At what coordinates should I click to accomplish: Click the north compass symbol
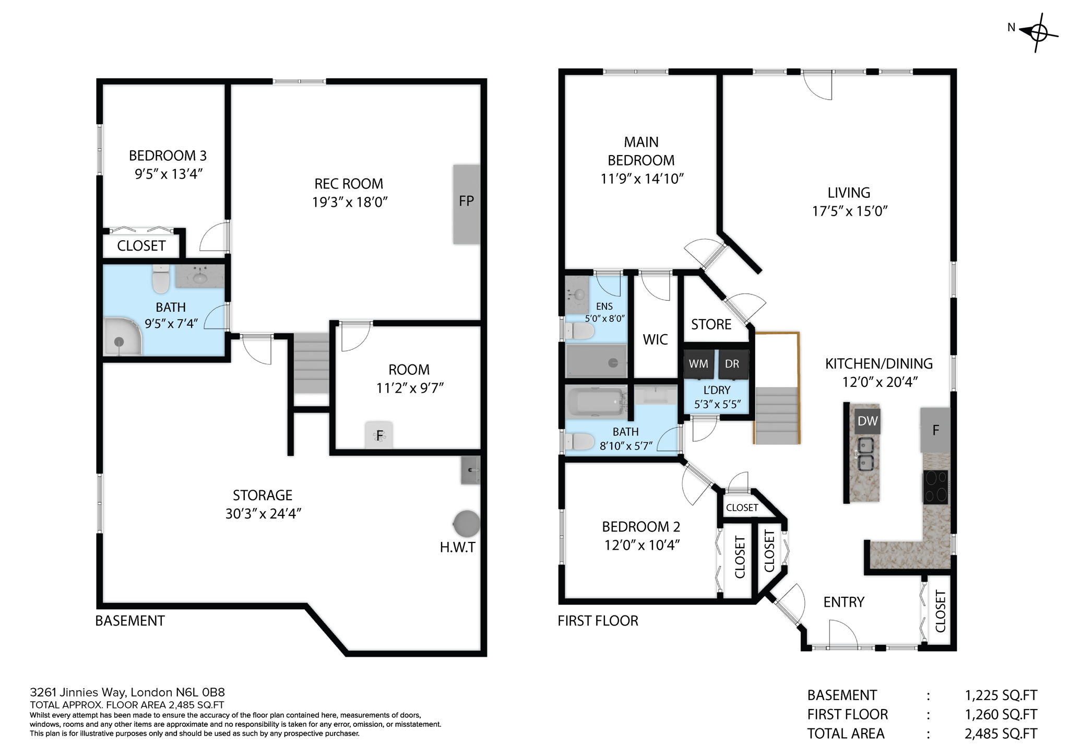pyautogui.click(x=1038, y=33)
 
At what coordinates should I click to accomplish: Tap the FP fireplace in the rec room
pyautogui.click(x=466, y=204)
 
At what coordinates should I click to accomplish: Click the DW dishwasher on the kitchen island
pyautogui.click(x=868, y=421)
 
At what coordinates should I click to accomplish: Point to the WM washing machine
pyautogui.click(x=698, y=364)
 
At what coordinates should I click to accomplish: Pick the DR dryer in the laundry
pyautogui.click(x=732, y=364)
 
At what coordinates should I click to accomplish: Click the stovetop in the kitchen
pyautogui.click(x=935, y=487)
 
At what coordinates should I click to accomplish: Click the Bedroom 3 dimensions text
pyautogui.click(x=168, y=174)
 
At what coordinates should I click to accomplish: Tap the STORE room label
pyautogui.click(x=711, y=325)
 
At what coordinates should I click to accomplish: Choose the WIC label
pyautogui.click(x=655, y=340)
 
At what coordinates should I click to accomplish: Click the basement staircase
pyautogui.click(x=311, y=365)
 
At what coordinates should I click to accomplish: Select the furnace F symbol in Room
pyautogui.click(x=379, y=435)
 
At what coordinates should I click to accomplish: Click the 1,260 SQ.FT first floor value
pyautogui.click(x=1000, y=714)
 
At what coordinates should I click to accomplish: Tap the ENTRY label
pyautogui.click(x=844, y=602)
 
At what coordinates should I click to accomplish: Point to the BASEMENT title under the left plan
pyautogui.click(x=130, y=621)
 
